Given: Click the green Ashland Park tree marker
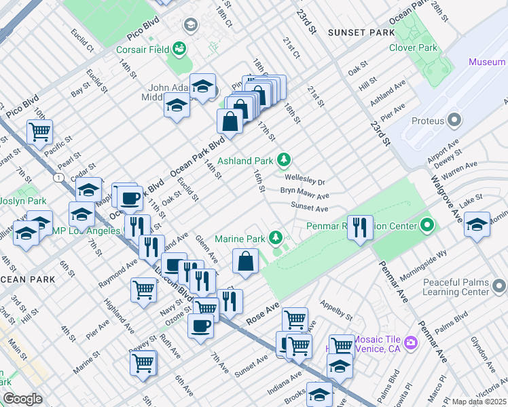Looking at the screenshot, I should [x=284, y=161].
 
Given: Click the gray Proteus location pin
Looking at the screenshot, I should [x=454, y=121].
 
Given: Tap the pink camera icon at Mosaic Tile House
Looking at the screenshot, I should [x=410, y=343].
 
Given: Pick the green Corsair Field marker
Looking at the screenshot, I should [x=179, y=48].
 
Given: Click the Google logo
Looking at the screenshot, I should [x=22, y=400].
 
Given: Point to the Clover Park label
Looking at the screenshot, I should [x=413, y=48].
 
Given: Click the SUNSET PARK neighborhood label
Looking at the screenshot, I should [x=361, y=33].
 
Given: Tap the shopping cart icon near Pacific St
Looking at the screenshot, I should [x=40, y=132].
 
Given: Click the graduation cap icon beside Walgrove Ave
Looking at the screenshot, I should [x=477, y=225].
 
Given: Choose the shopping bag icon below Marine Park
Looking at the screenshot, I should [x=245, y=261].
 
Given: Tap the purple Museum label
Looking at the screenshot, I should [x=488, y=62].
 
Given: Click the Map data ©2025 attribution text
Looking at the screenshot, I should [x=479, y=402].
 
